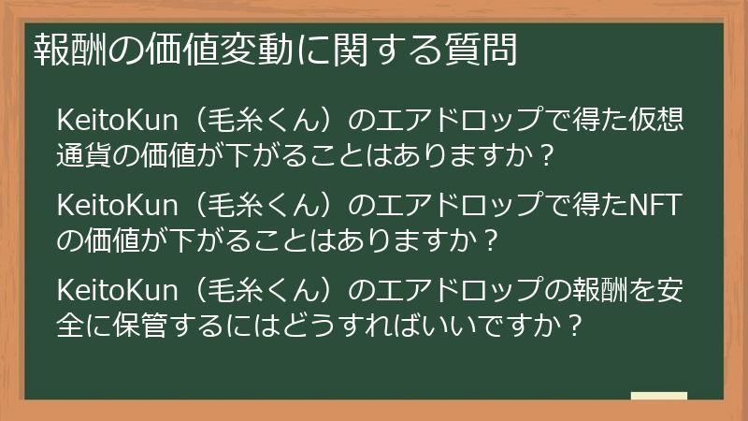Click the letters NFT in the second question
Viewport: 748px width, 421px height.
(655, 206)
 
